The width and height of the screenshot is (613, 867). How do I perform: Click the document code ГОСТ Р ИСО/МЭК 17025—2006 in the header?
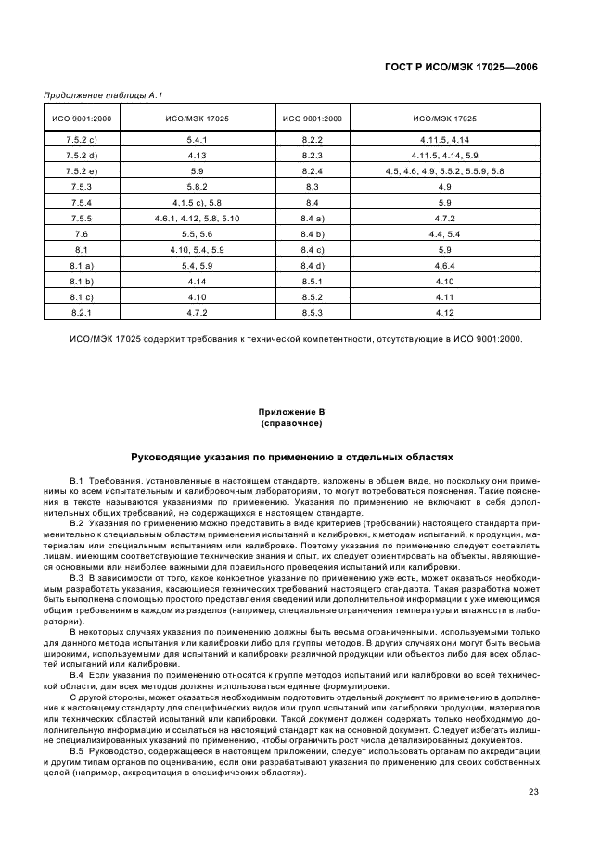click(x=462, y=68)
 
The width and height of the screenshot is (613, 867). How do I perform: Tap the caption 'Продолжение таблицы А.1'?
click(x=96, y=95)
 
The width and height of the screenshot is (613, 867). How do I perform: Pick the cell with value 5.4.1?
click(x=197, y=139)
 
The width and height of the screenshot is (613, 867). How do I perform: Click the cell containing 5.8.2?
click(x=197, y=186)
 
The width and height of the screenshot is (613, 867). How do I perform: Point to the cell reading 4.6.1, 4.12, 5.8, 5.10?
click(x=197, y=218)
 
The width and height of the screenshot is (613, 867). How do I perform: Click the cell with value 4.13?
click(x=197, y=155)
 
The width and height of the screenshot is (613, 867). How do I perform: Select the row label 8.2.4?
click(x=312, y=170)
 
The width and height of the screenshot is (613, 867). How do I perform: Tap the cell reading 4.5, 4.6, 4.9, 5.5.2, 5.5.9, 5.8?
click(x=444, y=170)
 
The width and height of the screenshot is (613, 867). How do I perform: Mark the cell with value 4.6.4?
click(x=444, y=266)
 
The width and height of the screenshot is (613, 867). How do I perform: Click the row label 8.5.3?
click(x=312, y=313)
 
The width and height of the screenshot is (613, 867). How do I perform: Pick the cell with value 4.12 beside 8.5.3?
click(x=444, y=313)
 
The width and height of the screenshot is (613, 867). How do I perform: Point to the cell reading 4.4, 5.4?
click(x=444, y=234)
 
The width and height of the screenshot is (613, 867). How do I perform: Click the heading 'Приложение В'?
click(x=292, y=410)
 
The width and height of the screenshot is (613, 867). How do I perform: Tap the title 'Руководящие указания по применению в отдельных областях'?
click(x=292, y=458)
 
